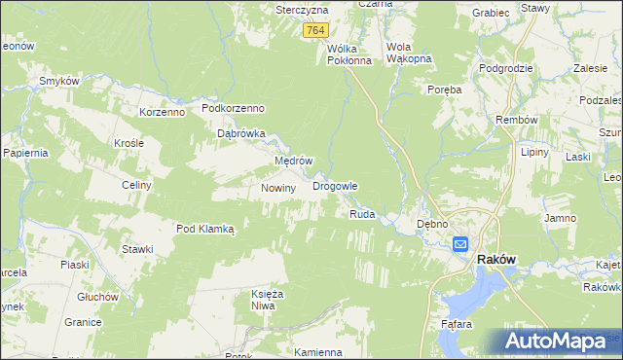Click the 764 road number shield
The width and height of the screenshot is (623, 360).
coord(313,31)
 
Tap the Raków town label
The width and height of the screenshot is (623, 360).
coord(495,261)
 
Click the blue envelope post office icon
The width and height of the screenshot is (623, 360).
coord(459,245)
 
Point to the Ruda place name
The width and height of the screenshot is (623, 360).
coord(362,213)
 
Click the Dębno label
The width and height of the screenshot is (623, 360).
coord(431,224)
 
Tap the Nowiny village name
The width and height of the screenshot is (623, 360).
coord(278,188)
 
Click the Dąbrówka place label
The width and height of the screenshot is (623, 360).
coord(241,134)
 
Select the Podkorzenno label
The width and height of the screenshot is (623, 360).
coord(234,108)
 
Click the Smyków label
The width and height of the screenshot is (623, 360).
coord(58,81)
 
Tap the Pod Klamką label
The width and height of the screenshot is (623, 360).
coord(205,229)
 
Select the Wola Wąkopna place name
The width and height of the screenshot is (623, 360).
coord(409,53)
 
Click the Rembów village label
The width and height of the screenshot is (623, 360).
coord(517,120)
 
